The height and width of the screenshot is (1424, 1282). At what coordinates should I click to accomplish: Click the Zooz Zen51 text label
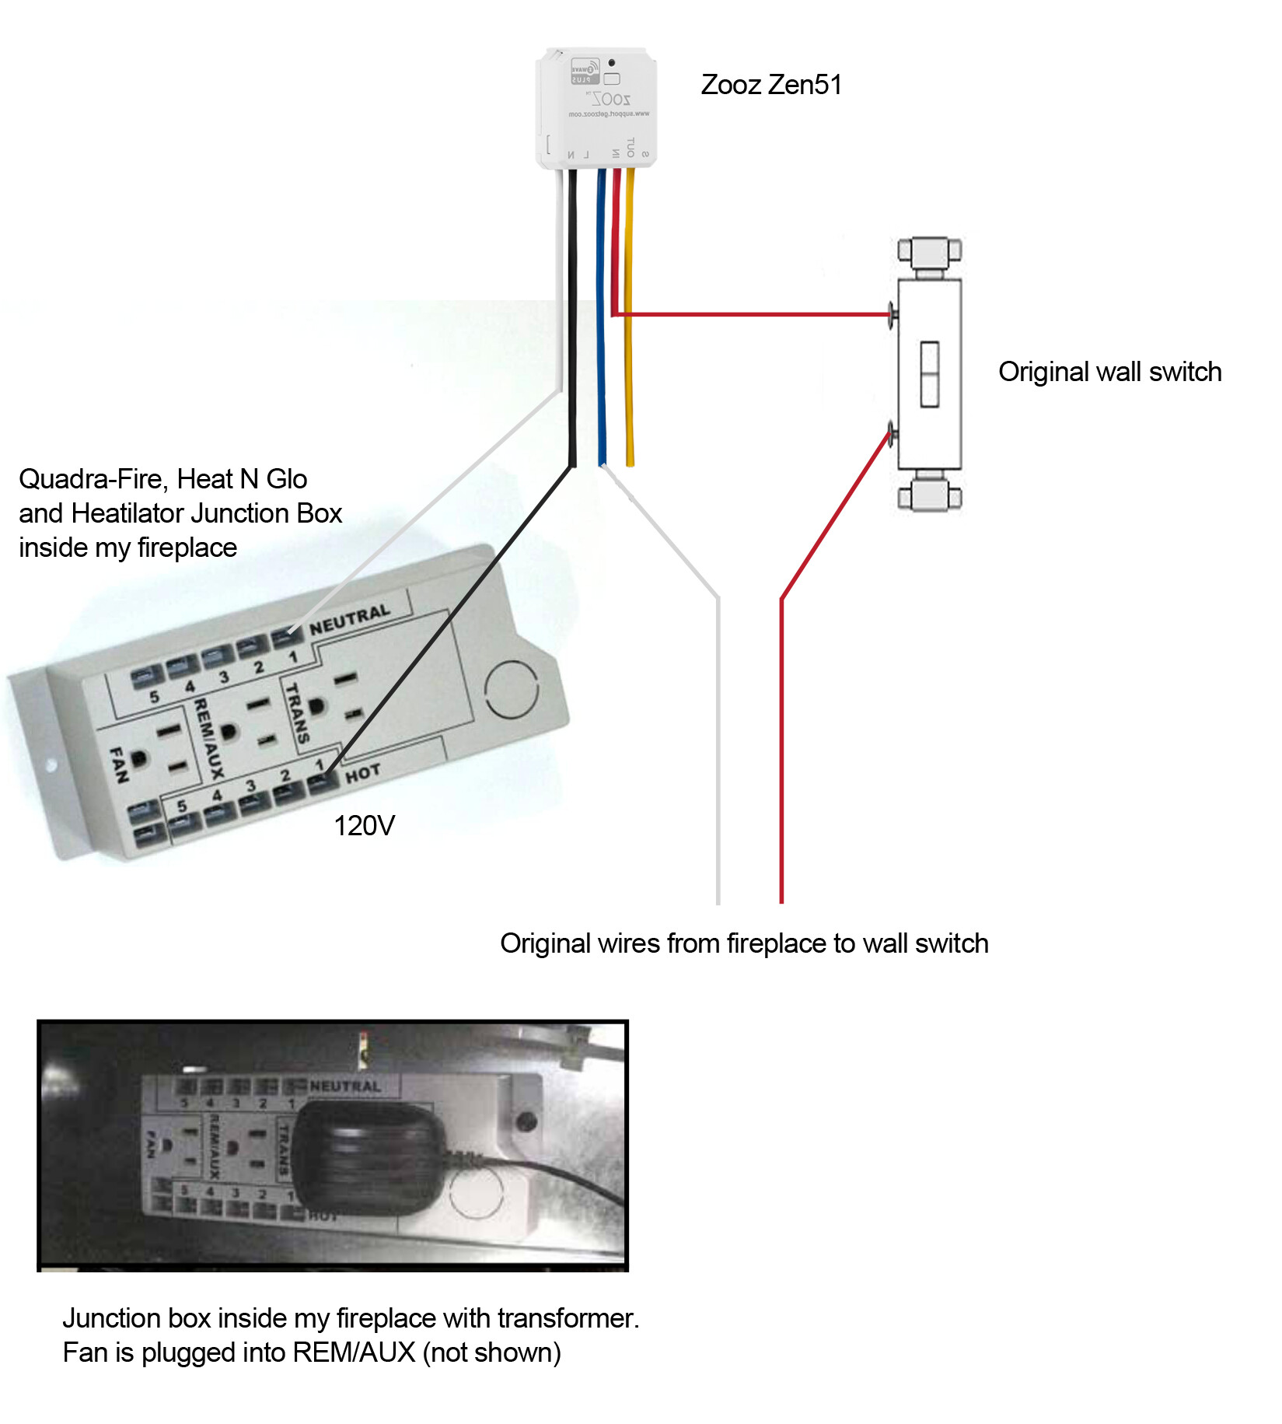pos(771,85)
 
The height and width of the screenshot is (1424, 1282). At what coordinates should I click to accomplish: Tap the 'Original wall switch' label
pos(1109,372)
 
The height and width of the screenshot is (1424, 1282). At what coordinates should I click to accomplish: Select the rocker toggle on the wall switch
pos(929,374)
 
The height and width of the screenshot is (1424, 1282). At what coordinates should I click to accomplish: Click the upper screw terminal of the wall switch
pos(893,314)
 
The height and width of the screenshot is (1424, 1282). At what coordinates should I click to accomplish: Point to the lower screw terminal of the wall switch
pos(893,434)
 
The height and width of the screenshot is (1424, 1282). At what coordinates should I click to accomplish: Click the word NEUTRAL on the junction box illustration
pos(349,620)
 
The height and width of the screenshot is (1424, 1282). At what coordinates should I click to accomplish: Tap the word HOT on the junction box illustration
pos(362,773)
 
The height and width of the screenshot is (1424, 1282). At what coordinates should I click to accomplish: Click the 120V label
pos(364,825)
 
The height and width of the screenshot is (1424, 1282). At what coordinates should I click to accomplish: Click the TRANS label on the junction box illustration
pos(297,712)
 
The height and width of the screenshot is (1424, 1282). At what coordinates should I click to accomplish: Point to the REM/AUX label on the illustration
pos(208,737)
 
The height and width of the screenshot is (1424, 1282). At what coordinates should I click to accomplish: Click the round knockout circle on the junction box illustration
pos(511,689)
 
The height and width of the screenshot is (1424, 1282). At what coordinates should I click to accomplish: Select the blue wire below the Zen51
pos(600,327)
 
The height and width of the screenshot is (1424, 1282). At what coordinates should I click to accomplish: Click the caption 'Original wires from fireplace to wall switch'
pos(744,943)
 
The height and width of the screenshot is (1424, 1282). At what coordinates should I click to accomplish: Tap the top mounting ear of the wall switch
pos(929,251)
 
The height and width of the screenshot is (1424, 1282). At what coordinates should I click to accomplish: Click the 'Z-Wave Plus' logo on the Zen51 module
pos(585,70)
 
